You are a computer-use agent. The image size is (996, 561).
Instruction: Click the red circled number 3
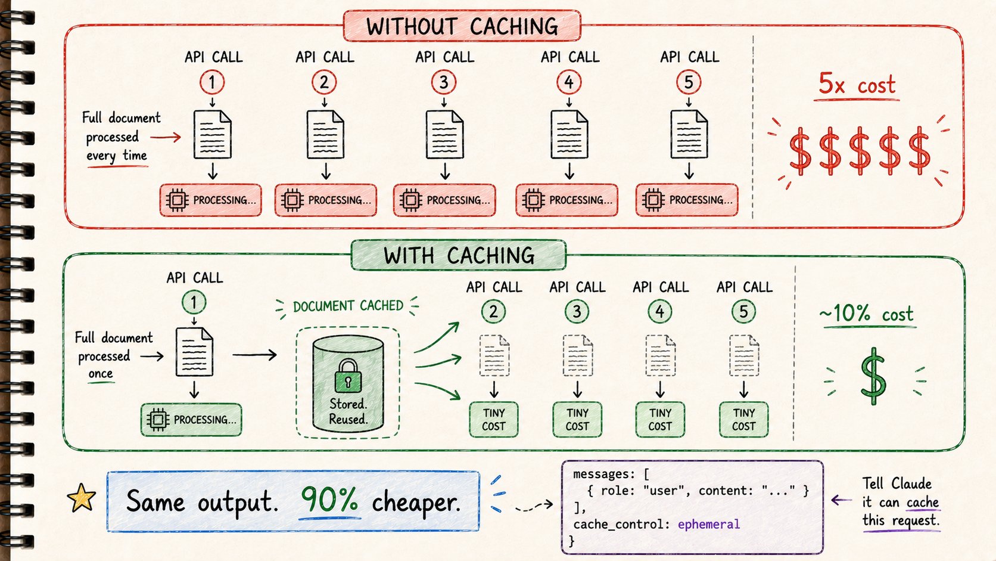pyautogui.click(x=443, y=82)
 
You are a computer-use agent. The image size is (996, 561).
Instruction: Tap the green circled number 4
pyautogui.click(x=660, y=311)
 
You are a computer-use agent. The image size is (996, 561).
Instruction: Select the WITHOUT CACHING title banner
pyautogui.click(x=462, y=26)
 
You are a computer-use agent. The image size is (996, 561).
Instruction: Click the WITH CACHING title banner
pyautogui.click(x=459, y=255)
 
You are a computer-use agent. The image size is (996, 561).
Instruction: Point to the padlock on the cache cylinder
pyautogui.click(x=348, y=376)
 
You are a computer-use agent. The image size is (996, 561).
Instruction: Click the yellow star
pyautogui.click(x=82, y=497)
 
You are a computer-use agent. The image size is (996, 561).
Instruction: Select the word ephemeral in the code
pyautogui.click(x=709, y=525)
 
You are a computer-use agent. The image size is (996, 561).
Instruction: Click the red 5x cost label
pyautogui.click(x=857, y=83)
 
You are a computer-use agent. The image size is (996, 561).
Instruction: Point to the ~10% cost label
pyautogui.click(x=866, y=314)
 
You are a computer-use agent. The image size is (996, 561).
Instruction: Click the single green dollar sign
pyautogui.click(x=873, y=376)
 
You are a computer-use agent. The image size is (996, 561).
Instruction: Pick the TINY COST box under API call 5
pyautogui.click(x=743, y=420)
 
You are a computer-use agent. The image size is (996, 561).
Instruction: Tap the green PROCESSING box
pyautogui.click(x=191, y=420)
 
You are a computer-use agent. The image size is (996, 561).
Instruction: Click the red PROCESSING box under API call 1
pyautogui.click(x=211, y=200)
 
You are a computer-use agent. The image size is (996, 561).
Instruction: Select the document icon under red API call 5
pyautogui.click(x=689, y=134)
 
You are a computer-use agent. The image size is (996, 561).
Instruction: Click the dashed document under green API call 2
pyautogui.click(x=494, y=355)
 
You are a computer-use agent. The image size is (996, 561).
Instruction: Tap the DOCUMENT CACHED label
pyautogui.click(x=348, y=306)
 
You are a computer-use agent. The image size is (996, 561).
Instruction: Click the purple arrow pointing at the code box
pyautogui.click(x=841, y=500)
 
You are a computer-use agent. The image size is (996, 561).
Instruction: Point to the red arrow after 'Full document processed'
pyautogui.click(x=166, y=137)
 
